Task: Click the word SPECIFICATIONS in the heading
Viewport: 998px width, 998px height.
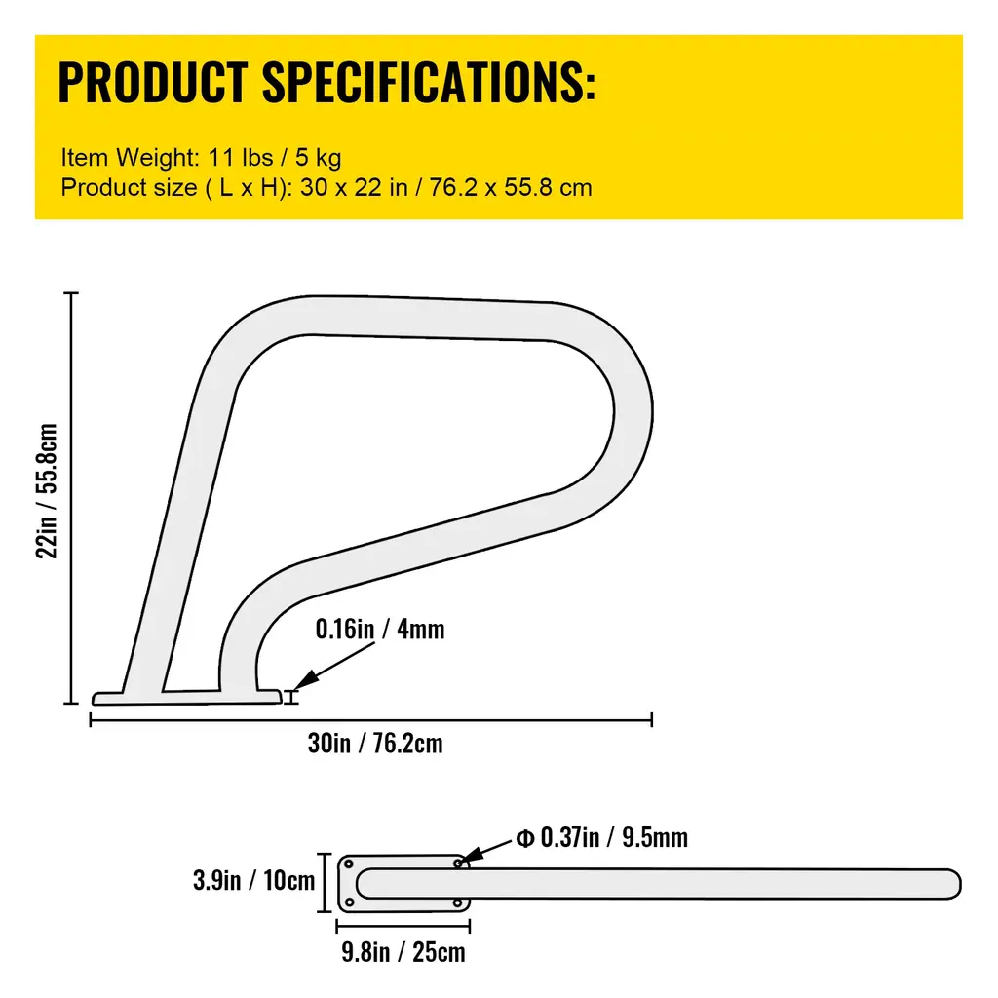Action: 429,82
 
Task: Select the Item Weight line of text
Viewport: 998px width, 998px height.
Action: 201,157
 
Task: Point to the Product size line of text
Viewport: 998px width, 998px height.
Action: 326,188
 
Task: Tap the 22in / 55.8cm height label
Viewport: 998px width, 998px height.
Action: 47,491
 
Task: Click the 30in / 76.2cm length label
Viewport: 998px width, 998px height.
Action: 375,744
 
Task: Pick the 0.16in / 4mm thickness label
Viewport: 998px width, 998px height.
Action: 380,629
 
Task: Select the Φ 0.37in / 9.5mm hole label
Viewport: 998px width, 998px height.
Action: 601,837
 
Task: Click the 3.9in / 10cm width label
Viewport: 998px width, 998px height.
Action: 254,881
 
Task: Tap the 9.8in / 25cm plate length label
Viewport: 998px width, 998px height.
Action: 403,952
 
